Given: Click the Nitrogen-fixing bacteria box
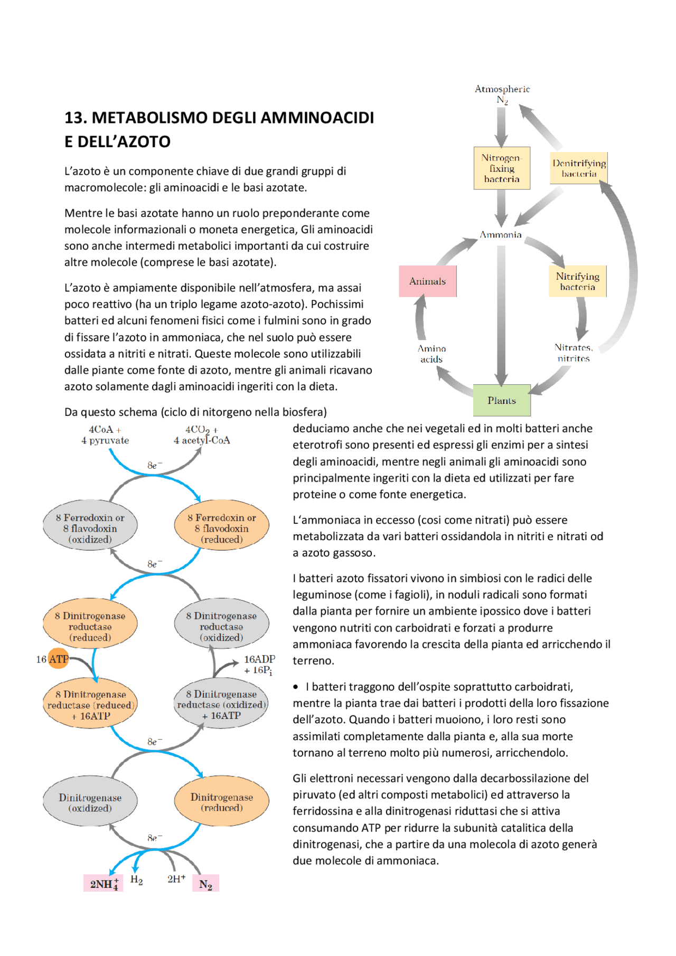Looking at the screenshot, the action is coord(502,168).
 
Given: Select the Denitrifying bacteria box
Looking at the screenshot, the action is coord(579,168).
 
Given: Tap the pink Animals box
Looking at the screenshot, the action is coord(428,281).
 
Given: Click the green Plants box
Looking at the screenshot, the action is coord(502,400).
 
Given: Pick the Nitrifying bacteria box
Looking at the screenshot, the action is coord(578,281).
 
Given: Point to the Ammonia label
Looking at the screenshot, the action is coord(501,234).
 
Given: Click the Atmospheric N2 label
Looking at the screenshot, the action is coord(502,94).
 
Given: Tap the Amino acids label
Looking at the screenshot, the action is coord(431,354).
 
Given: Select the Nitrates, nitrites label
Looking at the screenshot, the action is coord(574,353).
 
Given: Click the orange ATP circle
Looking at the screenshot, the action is coord(59,658).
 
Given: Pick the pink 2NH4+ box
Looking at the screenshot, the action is coord(104,883).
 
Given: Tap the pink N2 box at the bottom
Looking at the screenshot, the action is coord(206,883).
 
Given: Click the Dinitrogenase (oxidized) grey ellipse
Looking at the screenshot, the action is coord(90,802).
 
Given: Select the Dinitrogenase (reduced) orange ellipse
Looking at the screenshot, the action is coord(222,802).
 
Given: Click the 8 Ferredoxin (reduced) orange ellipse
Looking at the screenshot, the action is coord(222,528).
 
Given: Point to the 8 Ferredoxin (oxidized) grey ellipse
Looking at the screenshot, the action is coord(90,528).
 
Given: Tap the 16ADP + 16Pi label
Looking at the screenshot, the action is coord(259,665).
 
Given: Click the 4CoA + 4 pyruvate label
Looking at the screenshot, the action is coord(105,435).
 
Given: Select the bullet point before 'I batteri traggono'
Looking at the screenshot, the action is coord(296,687).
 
